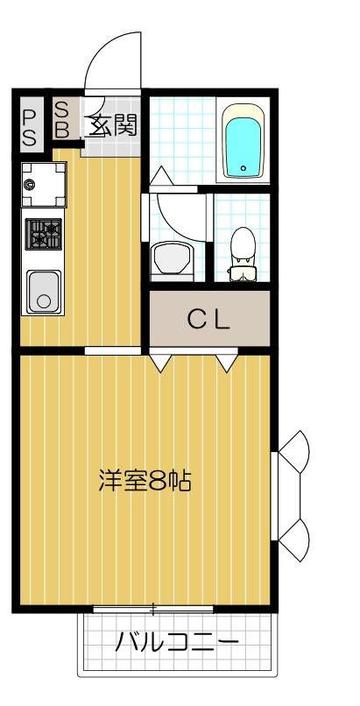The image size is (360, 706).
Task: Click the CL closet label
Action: coord(208,320)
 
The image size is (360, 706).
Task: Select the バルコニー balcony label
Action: coord(177,646)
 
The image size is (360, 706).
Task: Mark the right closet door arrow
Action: coord(227,360)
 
